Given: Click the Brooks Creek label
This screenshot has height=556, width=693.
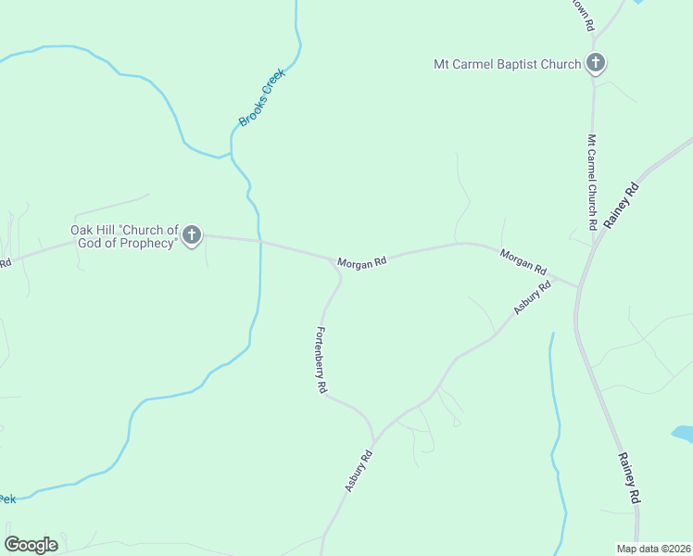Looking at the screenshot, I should click(262, 97).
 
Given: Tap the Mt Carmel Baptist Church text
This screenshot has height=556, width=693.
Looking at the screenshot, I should click(508, 64).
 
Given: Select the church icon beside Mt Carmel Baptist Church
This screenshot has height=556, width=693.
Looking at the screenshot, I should click(596, 64).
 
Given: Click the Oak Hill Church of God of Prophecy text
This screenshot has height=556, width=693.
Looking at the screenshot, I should click(124, 236).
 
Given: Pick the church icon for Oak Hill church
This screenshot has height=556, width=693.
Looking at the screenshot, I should click(192, 235).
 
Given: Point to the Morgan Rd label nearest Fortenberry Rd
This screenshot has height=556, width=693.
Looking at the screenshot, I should click(361, 263).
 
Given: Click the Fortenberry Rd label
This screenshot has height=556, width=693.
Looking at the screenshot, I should click(321, 361).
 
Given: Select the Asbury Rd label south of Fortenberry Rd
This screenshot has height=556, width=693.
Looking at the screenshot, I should click(359, 470).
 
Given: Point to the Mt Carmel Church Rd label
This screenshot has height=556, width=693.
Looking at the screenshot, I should click(591, 182).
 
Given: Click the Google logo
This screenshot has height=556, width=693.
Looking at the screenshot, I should click(31, 545).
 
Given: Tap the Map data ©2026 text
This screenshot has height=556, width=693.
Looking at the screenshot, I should click(654, 549).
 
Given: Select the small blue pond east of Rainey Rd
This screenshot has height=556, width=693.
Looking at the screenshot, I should click(683, 433).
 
